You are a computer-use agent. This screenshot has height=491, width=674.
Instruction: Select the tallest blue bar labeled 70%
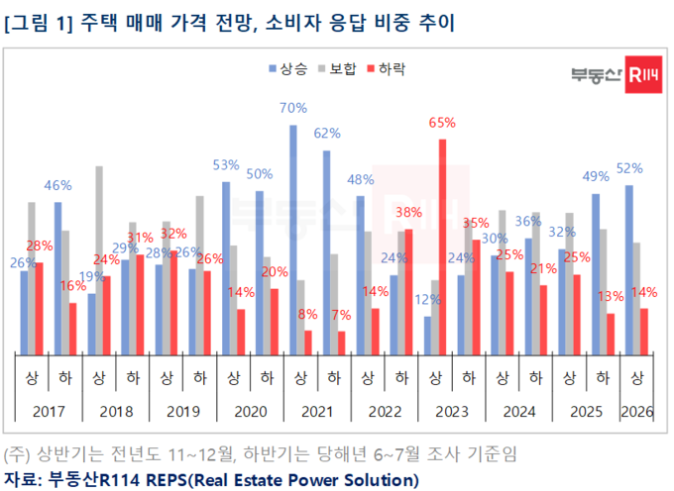tap(293, 238)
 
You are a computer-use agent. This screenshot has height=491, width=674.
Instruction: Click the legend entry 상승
tap(286, 68)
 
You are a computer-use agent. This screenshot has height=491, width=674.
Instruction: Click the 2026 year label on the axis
tap(636, 410)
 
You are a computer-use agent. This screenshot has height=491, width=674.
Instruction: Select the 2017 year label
tap(48, 410)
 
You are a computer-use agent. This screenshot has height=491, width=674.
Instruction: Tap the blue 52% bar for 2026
tap(629, 269)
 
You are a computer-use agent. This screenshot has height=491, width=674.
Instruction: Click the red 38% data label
tap(408, 212)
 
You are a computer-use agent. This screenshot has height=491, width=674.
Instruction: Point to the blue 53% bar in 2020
tap(226, 267)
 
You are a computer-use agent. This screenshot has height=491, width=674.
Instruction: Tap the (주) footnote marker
tap(18, 455)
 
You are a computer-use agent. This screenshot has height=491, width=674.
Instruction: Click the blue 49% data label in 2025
tap(595, 177)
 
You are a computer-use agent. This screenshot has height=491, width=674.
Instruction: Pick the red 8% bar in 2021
tap(308, 342)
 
